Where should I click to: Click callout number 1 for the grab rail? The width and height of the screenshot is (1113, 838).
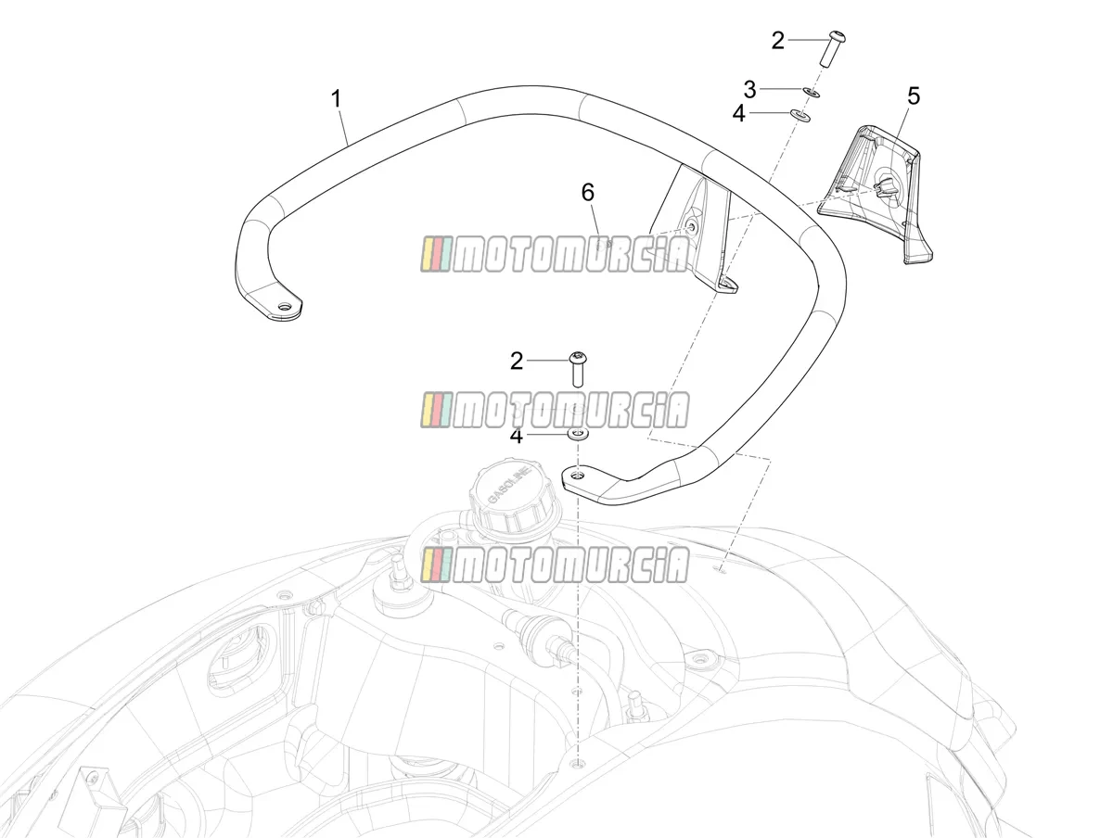coord(336,99)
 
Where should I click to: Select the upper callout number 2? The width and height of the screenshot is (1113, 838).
coord(778,41)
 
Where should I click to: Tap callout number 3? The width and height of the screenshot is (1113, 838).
coord(749,90)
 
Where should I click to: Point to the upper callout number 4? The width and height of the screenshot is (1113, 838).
coord(739,113)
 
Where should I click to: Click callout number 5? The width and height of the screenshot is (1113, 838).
coord(914,95)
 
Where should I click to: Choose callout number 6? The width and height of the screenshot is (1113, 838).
coord(587,193)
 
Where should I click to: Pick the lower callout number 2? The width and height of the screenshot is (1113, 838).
coord(517,362)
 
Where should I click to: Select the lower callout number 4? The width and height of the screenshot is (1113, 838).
coord(517,436)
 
